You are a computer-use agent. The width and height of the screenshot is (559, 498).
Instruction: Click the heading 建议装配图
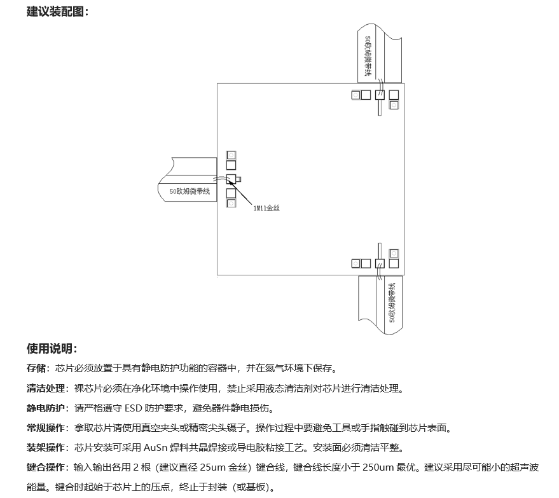tap(55, 11)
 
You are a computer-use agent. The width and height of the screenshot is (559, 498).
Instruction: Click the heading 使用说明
tap(50, 349)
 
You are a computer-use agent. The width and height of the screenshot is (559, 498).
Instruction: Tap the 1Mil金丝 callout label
tap(266, 208)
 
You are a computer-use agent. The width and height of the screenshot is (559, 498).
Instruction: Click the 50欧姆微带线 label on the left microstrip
tap(190, 191)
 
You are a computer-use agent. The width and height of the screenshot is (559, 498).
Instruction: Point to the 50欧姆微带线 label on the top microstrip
tap(368, 56)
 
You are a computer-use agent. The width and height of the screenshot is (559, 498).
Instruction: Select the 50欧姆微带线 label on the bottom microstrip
tap(392, 303)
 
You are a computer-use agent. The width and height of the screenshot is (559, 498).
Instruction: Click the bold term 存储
tap(36, 368)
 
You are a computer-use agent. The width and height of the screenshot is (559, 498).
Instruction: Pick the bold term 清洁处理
tap(46, 388)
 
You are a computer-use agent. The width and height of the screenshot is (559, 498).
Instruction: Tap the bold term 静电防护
tap(46, 408)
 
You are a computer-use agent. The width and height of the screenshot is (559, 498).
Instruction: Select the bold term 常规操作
tap(46, 427)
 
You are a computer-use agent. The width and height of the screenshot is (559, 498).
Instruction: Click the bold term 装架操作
tap(46, 447)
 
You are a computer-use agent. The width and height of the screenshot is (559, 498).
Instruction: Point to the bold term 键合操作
tap(46, 467)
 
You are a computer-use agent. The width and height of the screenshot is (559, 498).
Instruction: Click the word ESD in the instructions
tap(134, 408)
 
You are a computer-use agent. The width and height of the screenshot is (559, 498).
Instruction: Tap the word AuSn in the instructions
tap(155, 447)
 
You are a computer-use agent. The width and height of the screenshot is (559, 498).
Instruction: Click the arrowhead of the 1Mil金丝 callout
tap(229, 181)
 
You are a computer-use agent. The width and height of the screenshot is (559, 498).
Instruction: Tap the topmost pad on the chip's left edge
tap(231, 155)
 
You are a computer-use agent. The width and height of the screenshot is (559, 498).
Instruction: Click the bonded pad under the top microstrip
tap(380, 95)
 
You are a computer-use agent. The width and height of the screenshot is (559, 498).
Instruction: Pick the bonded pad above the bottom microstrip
tap(380, 263)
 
